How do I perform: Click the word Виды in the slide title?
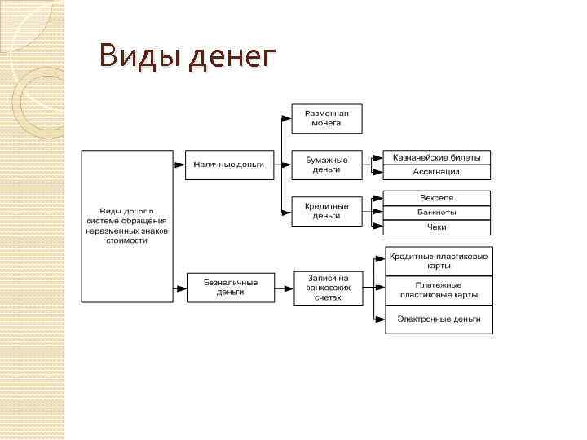[139, 58]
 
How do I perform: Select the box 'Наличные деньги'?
[228, 164]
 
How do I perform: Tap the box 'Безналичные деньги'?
[231, 287]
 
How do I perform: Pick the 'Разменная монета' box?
[327, 117]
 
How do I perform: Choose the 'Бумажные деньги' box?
[327, 165]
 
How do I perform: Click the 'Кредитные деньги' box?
[327, 211]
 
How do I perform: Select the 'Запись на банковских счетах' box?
[327, 287]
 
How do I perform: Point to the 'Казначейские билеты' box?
[437, 156]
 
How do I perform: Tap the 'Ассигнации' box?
[437, 172]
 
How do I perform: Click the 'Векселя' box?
[437, 198]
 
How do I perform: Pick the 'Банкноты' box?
[437, 213]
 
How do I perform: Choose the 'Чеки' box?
[437, 227]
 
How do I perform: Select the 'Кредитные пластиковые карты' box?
[439, 261]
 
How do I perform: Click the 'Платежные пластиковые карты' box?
[439, 289]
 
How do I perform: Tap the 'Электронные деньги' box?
[439, 319]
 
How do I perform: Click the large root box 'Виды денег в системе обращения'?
[127, 226]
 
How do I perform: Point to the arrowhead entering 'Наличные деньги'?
[179, 164]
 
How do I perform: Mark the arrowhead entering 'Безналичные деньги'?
[180, 287]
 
